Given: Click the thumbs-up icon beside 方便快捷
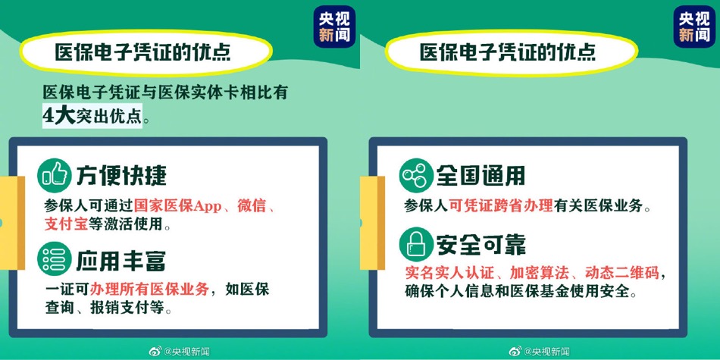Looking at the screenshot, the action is coord(54,175).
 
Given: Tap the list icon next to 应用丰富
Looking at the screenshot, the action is coord(54,258).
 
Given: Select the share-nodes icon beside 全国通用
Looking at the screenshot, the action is coord(416,175).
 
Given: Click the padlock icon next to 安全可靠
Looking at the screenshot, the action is coord(416,245).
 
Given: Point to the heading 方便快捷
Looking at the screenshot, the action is coord(122,175).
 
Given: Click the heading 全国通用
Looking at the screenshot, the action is coord(481,175).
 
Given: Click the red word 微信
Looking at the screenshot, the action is coord(252,206).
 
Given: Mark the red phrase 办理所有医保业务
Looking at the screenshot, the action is coord(150,290).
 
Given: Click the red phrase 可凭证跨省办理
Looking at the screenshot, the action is coord(500,206).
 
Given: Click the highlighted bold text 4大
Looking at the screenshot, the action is coord(58,116).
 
